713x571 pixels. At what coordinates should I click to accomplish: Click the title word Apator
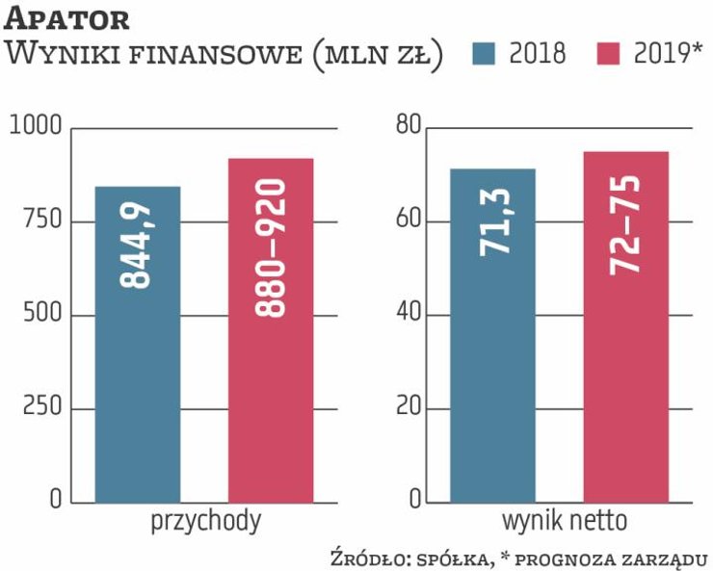click(x=67, y=18)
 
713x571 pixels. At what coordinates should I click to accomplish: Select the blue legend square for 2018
click(x=486, y=54)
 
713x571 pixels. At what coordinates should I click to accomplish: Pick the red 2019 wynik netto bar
click(x=625, y=326)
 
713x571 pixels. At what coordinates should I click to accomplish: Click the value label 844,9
click(x=138, y=247)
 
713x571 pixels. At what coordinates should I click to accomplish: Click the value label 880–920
click(x=272, y=247)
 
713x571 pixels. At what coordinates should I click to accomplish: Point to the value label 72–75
click(x=625, y=223)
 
